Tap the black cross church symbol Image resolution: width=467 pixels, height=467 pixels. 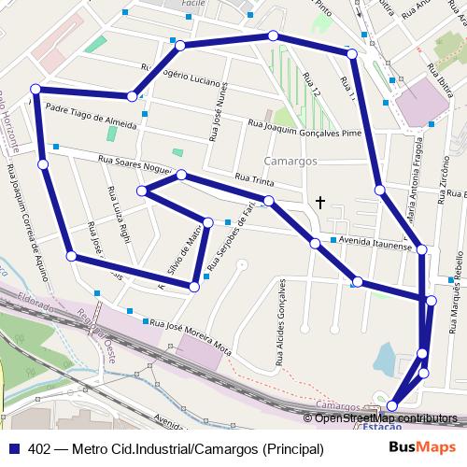coord(320,202)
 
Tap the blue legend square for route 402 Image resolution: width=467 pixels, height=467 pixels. coord(14,449)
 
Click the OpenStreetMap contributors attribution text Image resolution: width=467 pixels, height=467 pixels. coord(383,417)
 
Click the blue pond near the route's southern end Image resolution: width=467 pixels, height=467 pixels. coord(385,357)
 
